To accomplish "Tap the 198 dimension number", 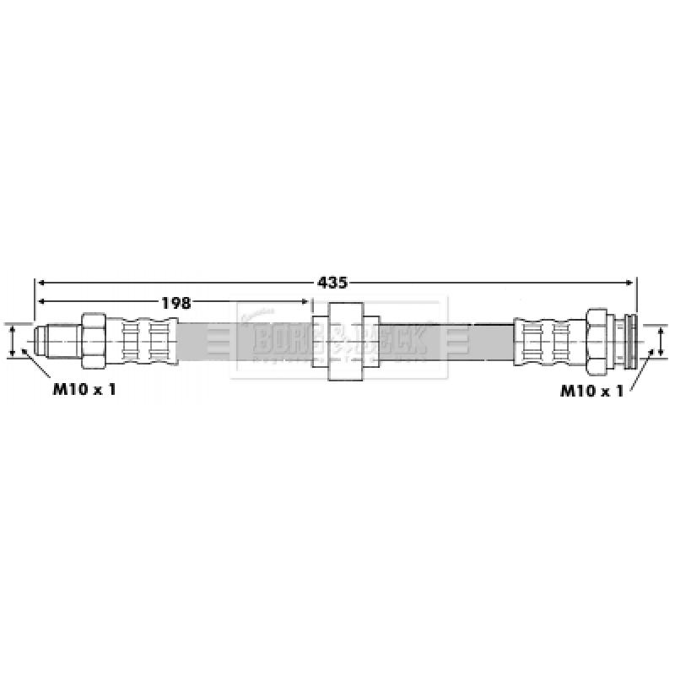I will [175, 301].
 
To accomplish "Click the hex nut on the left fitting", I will [92, 340].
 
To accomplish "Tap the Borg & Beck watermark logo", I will [337, 340].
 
